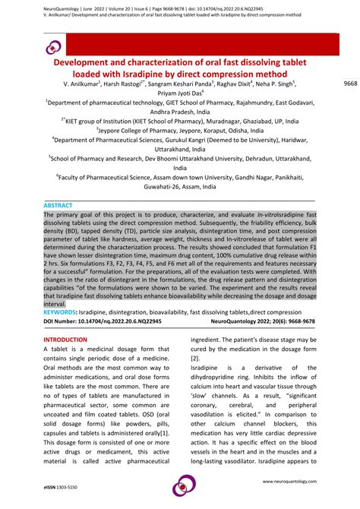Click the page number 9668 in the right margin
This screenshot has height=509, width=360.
[x=349, y=82]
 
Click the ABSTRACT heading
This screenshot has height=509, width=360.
[x=58, y=205]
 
